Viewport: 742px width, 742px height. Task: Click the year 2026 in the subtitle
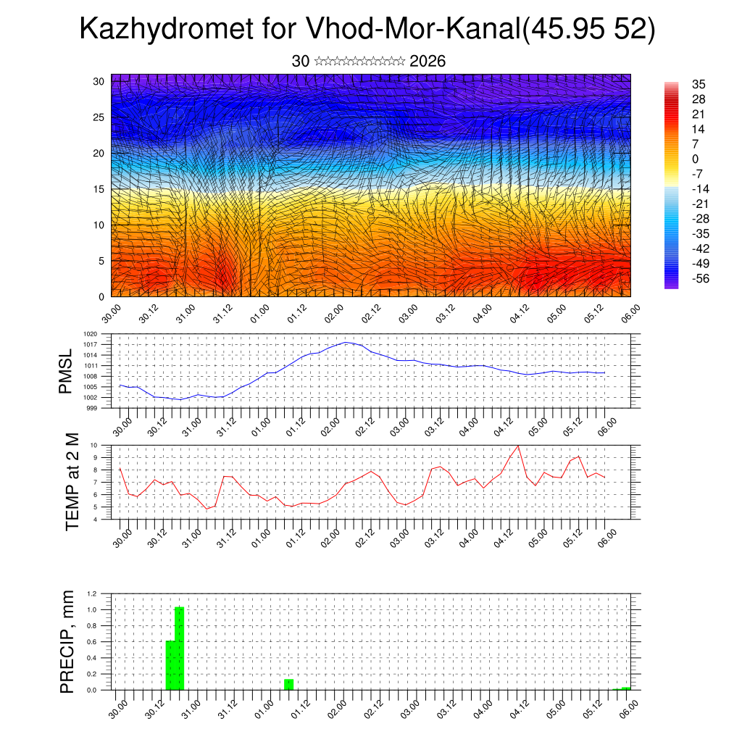tap(428, 62)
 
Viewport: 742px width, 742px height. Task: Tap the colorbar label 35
tap(699, 84)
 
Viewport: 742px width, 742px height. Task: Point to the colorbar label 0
tap(696, 159)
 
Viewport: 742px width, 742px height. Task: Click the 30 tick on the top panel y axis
tap(99, 80)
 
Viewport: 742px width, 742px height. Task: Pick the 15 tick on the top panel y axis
tap(99, 189)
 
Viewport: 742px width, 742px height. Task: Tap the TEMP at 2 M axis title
tap(72, 482)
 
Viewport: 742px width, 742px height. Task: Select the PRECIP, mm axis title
tap(67, 642)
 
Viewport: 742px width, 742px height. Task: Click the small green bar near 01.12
tap(288, 684)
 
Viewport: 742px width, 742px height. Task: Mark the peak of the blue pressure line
tap(346, 342)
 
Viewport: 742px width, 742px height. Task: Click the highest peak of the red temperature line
tap(518, 446)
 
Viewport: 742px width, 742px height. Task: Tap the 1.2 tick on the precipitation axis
tap(92, 593)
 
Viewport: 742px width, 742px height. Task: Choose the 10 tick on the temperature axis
tap(93, 445)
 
